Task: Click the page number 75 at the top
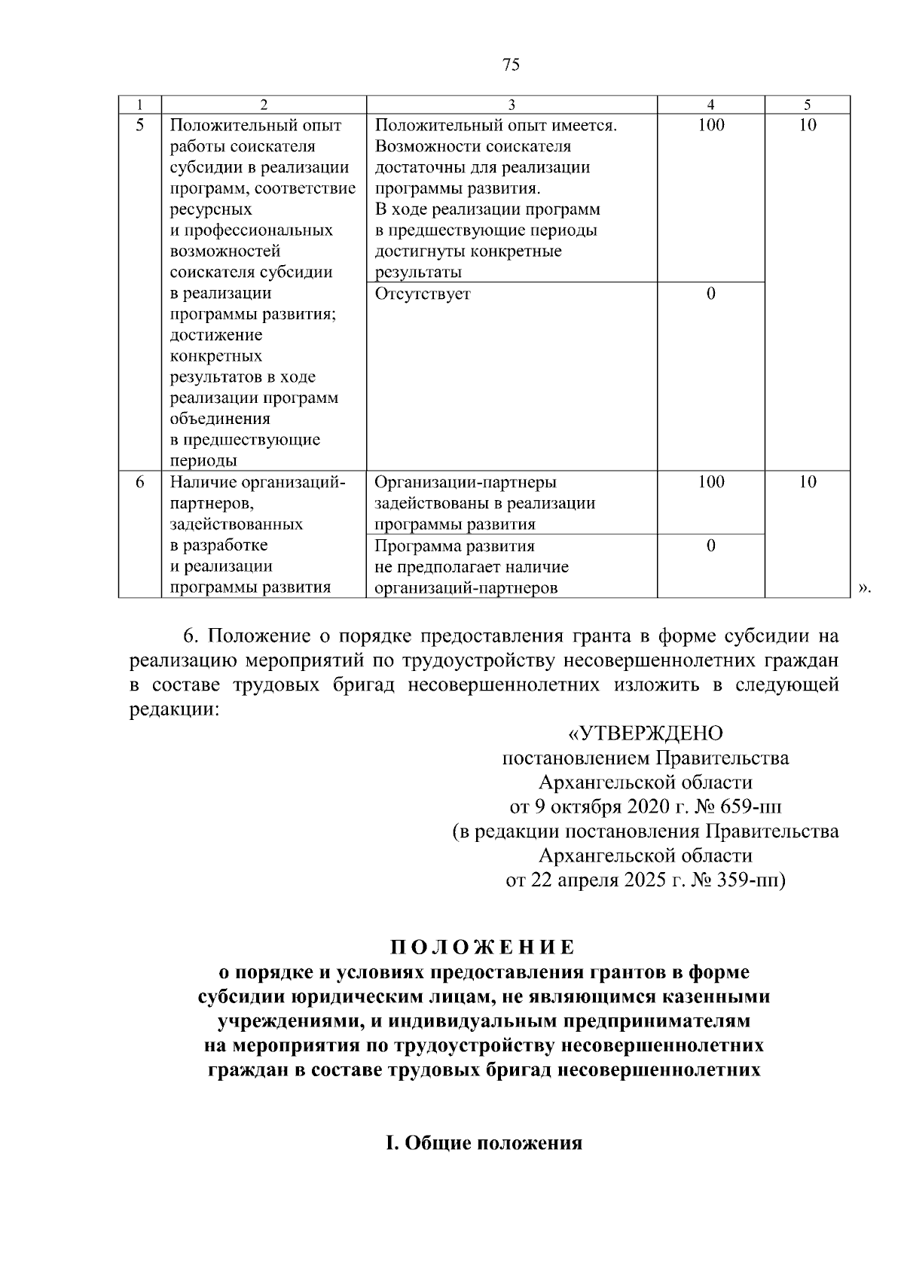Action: [x=511, y=66]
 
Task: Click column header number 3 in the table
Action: [x=512, y=105]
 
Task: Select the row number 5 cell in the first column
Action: [x=140, y=126]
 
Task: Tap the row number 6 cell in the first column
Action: [x=140, y=482]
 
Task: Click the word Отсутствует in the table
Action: [x=422, y=294]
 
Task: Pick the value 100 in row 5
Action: [x=710, y=126]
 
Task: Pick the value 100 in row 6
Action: [x=710, y=482]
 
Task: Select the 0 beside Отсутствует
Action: [x=710, y=294]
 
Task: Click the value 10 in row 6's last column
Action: [x=807, y=482]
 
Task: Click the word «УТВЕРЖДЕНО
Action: [x=645, y=733]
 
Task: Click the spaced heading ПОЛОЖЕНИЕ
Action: [x=482, y=947]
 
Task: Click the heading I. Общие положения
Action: [x=484, y=1143]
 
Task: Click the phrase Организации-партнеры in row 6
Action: [x=465, y=482]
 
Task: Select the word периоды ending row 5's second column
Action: [x=203, y=461]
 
